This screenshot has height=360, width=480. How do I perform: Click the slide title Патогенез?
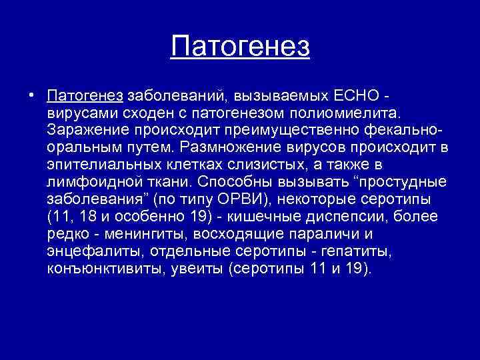point(240,47)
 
